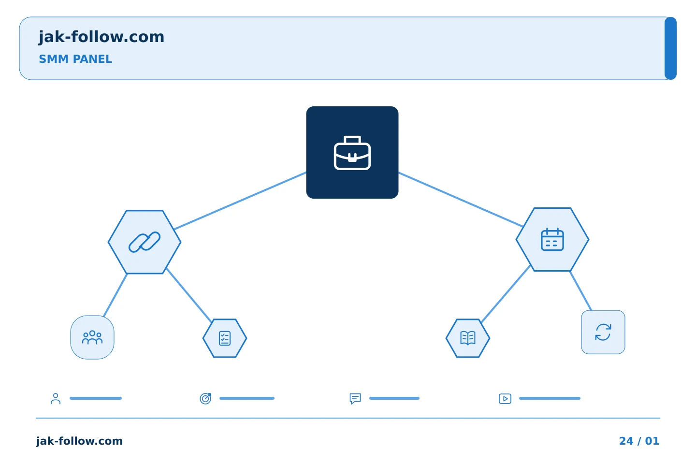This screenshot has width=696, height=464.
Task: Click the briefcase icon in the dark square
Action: (x=352, y=153)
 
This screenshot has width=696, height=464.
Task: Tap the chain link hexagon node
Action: (x=145, y=242)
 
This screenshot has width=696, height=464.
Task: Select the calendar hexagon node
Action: (x=552, y=239)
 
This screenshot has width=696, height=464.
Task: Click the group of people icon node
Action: (x=92, y=337)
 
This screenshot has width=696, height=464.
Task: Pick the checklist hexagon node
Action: (x=225, y=338)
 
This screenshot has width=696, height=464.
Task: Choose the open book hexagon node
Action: (x=468, y=338)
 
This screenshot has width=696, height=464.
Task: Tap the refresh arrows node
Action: (x=603, y=332)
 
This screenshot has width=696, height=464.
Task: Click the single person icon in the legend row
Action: (x=56, y=398)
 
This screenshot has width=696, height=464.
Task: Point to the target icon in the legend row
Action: (x=205, y=398)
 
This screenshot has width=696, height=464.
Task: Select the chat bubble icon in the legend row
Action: (x=355, y=398)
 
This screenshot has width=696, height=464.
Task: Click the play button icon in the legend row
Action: (x=505, y=399)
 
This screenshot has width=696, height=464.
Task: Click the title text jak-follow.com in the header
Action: (x=101, y=37)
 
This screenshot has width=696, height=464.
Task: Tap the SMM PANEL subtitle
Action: (x=75, y=59)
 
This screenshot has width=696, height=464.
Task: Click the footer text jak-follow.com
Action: (x=79, y=441)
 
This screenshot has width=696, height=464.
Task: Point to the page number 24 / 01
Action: (x=639, y=441)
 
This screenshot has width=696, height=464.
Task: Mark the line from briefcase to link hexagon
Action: (x=240, y=201)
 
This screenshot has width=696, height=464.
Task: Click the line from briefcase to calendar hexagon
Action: (x=461, y=199)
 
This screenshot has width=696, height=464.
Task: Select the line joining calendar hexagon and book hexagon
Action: (x=506, y=294)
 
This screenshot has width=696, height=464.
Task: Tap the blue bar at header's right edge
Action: (x=670, y=48)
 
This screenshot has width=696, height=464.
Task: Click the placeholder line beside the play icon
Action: (x=550, y=398)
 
